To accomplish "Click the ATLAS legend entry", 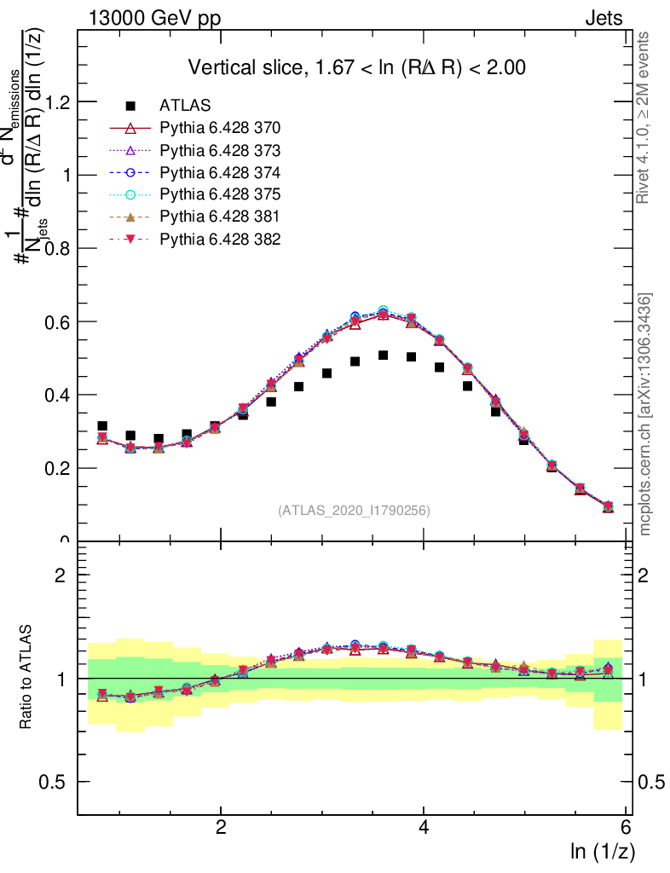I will click(185, 106).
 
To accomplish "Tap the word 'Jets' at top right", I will click(603, 18).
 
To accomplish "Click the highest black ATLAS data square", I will click(384, 356).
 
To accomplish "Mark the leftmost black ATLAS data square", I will click(102, 425).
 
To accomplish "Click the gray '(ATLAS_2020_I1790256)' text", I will click(353, 511).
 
